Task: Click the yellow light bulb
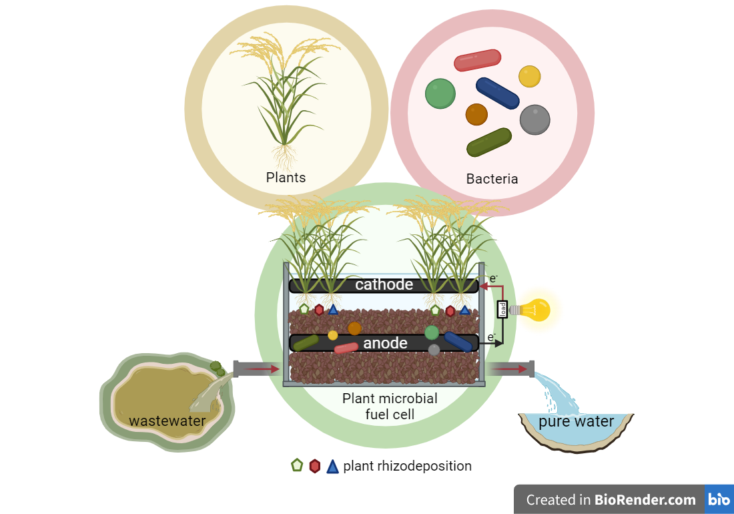click(x=534, y=309)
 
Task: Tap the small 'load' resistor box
click(x=502, y=309)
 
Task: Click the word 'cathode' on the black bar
click(x=384, y=285)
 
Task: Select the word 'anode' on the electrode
click(x=385, y=343)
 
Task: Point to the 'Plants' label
click(x=286, y=178)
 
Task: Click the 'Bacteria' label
click(x=492, y=179)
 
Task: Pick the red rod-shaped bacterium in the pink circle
click(x=477, y=60)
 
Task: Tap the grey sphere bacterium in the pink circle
click(x=534, y=119)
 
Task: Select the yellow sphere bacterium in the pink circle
click(x=529, y=76)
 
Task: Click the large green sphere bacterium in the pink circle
click(x=440, y=93)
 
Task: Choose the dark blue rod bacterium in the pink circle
click(x=497, y=93)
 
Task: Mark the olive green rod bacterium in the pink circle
click(x=489, y=142)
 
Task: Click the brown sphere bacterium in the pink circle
click(x=476, y=114)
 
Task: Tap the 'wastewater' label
click(x=167, y=421)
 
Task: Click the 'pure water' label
click(x=576, y=422)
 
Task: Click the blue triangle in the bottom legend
click(x=333, y=467)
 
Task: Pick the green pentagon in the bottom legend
click(x=297, y=466)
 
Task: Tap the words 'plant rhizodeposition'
click(x=407, y=466)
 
